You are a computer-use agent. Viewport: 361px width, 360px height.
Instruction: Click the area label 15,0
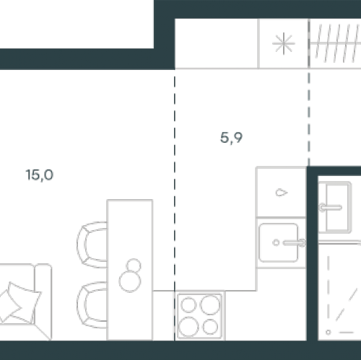(40, 175)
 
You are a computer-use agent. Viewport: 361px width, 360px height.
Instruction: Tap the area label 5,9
(231, 138)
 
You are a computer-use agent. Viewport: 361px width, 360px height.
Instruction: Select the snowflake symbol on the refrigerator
(284, 43)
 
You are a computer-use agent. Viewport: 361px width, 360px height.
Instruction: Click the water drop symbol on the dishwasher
(282, 193)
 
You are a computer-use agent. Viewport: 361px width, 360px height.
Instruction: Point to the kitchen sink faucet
(294, 242)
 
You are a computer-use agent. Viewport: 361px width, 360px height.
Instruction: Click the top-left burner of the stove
(188, 304)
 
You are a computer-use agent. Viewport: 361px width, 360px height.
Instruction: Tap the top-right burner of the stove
(210, 304)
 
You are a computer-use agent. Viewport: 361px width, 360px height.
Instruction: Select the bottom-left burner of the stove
(188, 327)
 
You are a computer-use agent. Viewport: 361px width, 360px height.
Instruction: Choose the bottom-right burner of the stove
(210, 327)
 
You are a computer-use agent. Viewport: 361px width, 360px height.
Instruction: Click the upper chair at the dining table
(92, 245)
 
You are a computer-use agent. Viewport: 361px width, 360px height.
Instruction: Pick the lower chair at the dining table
(92, 305)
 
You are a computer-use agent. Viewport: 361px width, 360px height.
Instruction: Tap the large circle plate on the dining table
(130, 281)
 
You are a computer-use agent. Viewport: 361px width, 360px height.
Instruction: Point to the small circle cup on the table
(134, 266)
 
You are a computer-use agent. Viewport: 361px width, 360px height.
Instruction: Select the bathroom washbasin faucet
(330, 207)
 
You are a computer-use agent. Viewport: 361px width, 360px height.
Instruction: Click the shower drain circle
(328, 333)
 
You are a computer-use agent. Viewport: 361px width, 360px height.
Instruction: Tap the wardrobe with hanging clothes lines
(335, 43)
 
